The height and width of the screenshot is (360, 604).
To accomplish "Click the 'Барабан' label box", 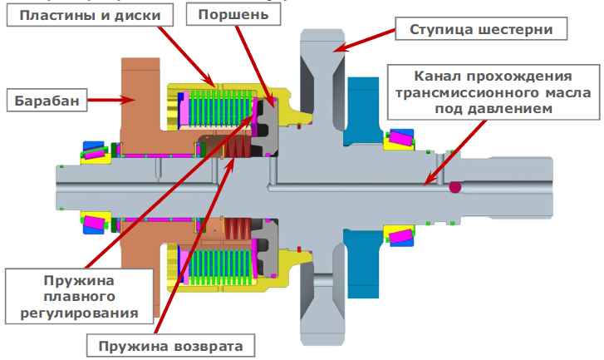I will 47,101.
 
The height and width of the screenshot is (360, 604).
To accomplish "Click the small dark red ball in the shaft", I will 455,189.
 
